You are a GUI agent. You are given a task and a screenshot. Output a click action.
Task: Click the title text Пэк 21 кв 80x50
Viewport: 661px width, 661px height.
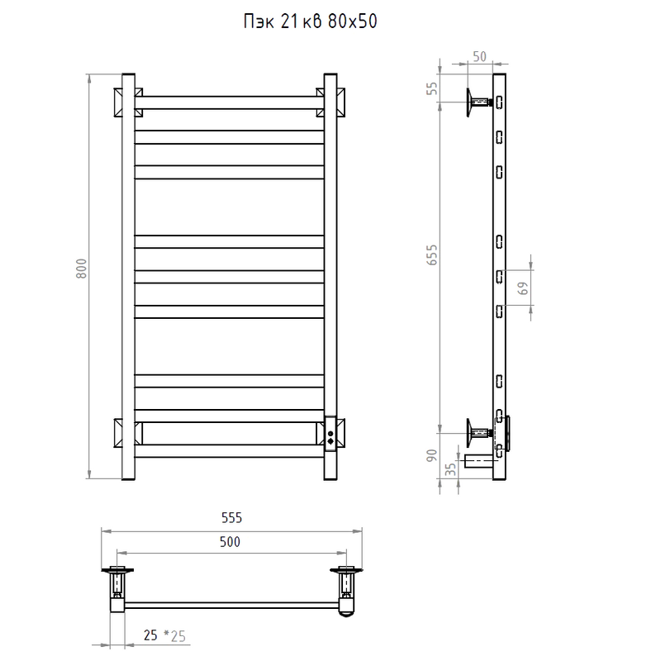[x=311, y=21]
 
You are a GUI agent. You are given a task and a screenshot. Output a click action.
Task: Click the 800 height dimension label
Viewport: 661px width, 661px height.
[x=81, y=268]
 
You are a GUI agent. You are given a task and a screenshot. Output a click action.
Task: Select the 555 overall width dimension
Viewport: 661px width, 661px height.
[x=232, y=518]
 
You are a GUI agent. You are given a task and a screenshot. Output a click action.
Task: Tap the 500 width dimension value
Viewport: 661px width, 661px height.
[x=230, y=542]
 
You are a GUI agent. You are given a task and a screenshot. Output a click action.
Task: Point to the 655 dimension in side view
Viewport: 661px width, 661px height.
[x=432, y=254]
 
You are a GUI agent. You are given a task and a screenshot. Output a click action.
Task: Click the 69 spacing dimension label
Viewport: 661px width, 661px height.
[x=523, y=288]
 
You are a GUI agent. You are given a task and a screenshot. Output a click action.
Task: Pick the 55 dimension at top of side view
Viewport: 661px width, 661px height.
[x=432, y=88]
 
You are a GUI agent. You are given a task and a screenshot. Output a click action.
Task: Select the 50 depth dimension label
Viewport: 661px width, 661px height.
[x=480, y=56]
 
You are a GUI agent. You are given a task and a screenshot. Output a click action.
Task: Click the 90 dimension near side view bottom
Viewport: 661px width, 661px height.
[x=432, y=456]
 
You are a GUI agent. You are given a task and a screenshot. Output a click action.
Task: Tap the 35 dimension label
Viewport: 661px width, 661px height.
[x=451, y=469]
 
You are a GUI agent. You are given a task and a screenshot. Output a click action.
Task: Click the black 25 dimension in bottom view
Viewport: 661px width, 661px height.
[x=150, y=635]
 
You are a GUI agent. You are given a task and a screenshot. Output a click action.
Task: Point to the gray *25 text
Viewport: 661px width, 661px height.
[x=174, y=635]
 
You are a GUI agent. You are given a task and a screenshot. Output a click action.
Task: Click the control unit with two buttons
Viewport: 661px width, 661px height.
[x=330, y=435]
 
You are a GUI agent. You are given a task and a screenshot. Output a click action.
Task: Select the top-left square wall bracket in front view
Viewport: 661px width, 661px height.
[x=128, y=102]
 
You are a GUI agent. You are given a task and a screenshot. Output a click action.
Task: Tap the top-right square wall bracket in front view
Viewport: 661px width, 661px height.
[x=330, y=102]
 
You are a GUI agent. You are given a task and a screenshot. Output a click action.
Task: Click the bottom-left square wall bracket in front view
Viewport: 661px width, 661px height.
[x=128, y=433]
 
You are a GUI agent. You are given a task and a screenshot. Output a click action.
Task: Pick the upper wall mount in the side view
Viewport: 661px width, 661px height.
[x=479, y=102]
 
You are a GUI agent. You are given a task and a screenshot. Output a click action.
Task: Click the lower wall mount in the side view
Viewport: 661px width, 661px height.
[x=479, y=433]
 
